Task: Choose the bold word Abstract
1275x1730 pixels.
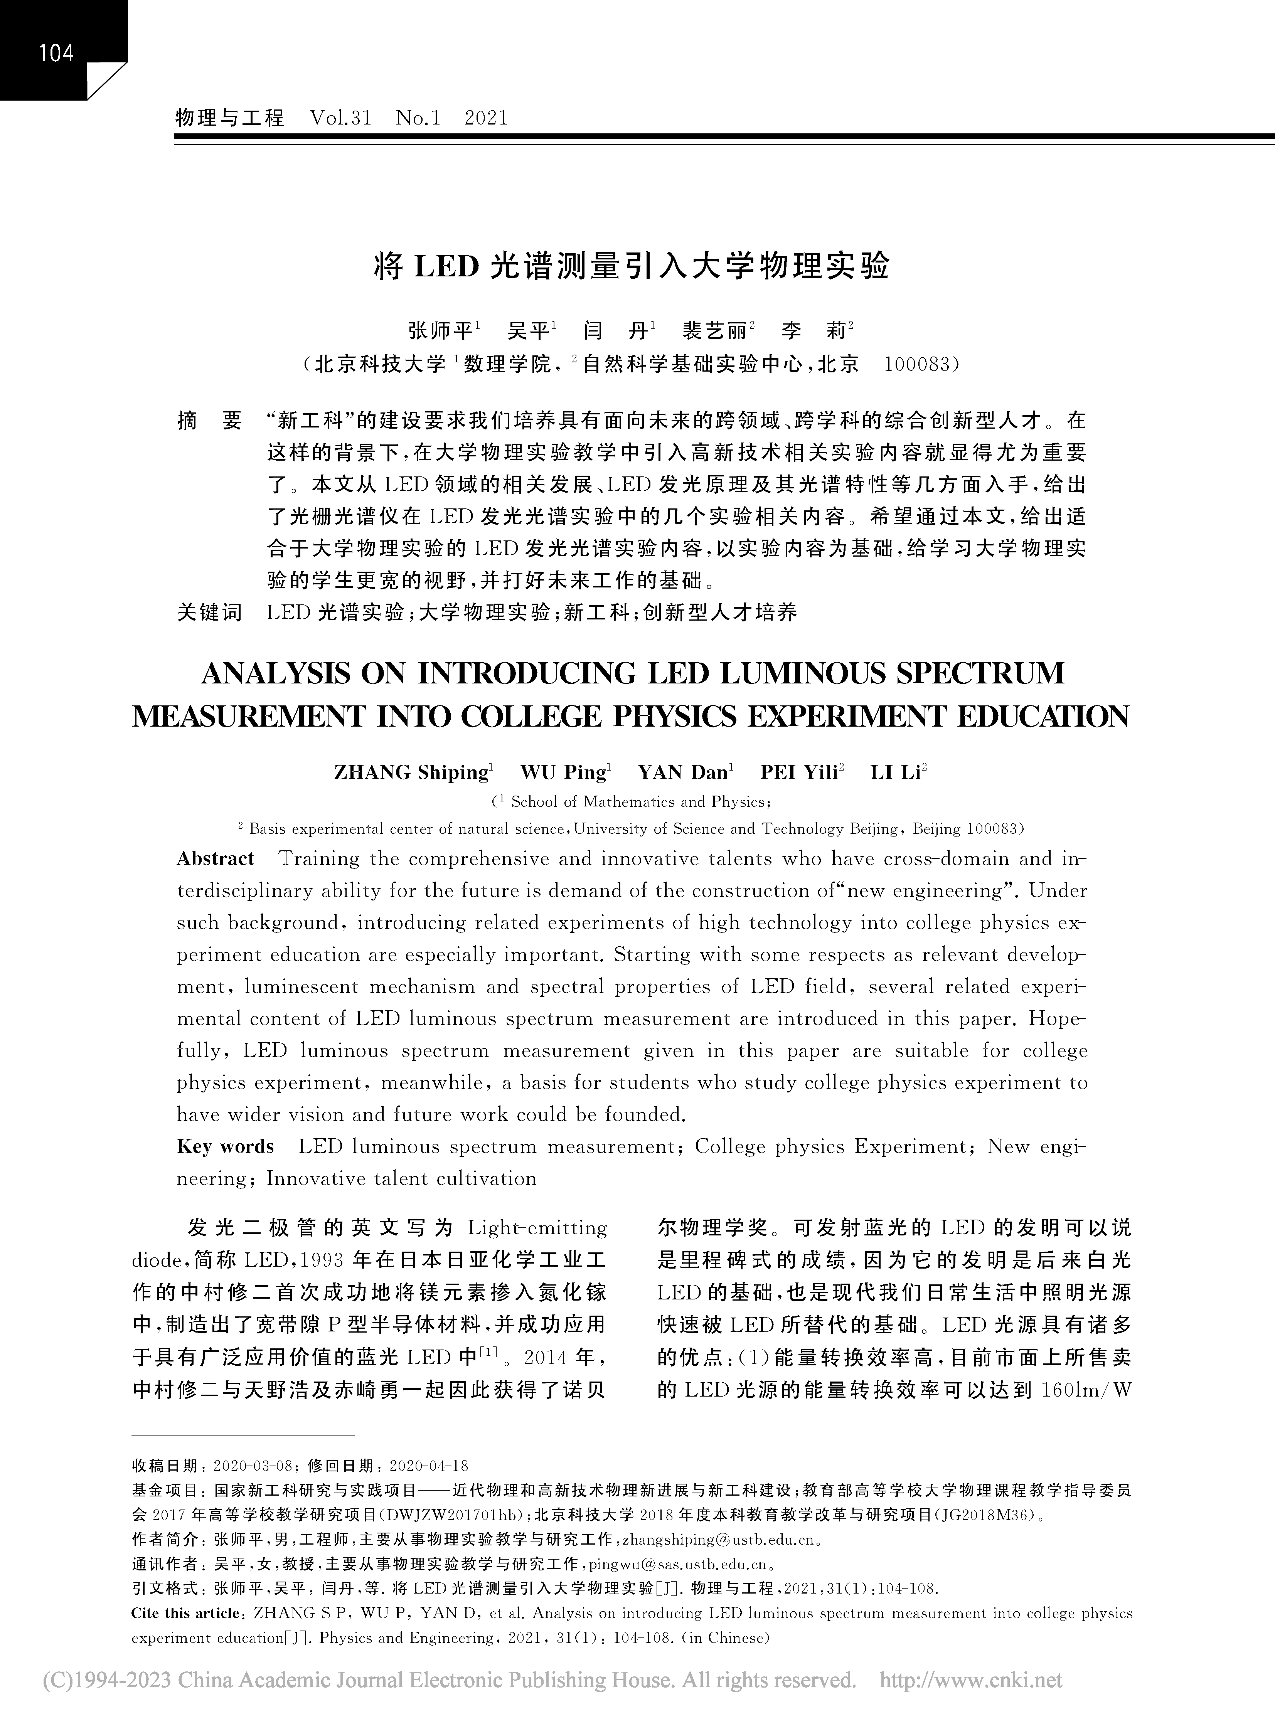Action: pyautogui.click(x=216, y=859)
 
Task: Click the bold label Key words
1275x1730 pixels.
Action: pyautogui.click(x=226, y=1147)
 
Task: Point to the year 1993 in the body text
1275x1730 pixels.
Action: pyautogui.click(x=322, y=1261)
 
